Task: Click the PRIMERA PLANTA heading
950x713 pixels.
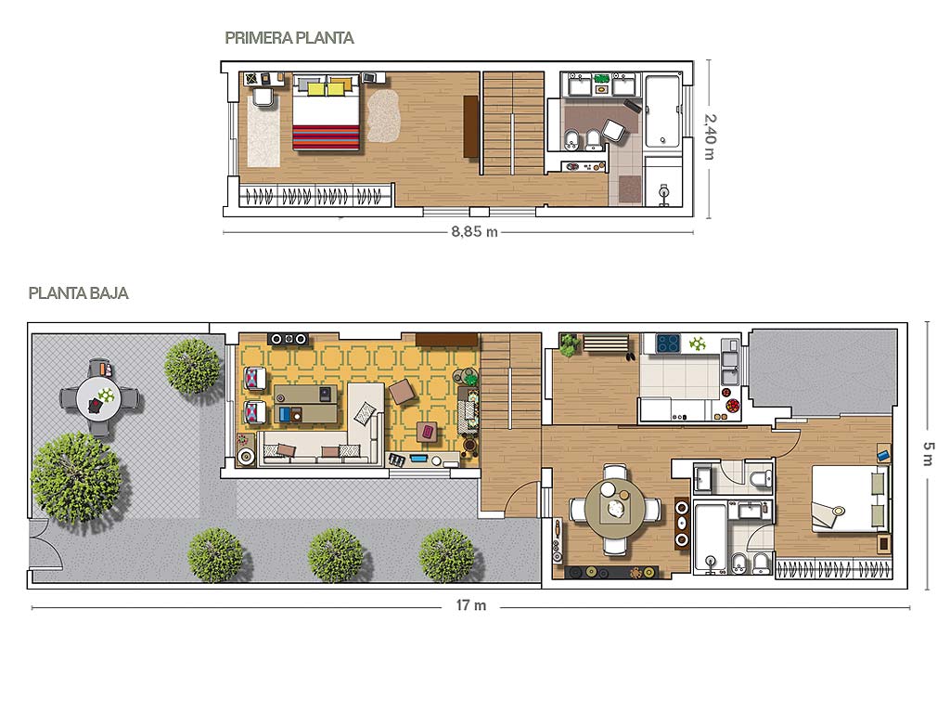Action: point(289,38)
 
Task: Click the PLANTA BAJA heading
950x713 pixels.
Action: point(78,293)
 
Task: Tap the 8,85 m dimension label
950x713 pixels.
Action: point(474,231)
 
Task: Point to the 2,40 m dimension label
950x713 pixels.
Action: point(710,137)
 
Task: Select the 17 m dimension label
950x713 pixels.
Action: point(471,605)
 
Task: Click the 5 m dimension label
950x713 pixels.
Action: point(928,455)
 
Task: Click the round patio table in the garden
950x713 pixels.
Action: point(98,399)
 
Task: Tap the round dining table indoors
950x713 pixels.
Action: point(616,509)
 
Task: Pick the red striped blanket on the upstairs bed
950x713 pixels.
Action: point(327,137)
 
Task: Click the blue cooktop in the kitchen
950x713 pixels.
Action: point(668,344)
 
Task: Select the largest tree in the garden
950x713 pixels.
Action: point(76,477)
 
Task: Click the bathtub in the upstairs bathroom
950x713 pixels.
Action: point(662,111)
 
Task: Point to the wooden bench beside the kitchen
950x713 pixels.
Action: point(605,344)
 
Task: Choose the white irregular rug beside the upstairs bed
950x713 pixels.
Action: point(383,115)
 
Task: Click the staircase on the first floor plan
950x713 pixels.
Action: point(513,123)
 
